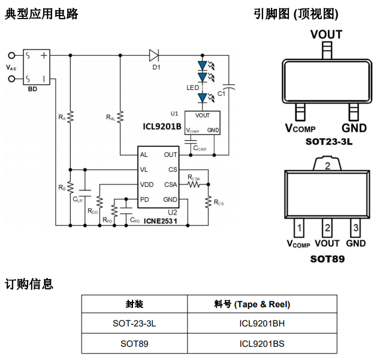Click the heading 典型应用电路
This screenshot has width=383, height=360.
coord(41,14)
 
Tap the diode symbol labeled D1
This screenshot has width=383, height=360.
coord(155,56)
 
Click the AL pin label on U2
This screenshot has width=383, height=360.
coord(144,155)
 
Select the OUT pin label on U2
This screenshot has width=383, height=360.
coord(170,155)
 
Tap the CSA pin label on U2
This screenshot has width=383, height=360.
coord(170,184)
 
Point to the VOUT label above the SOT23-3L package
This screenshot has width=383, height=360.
coord(326,35)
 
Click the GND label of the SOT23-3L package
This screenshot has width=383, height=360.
coord(354,128)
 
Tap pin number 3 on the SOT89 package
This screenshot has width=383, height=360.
coord(356,228)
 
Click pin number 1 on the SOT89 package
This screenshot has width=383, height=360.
coord(298,228)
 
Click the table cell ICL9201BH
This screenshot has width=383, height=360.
coord(262,323)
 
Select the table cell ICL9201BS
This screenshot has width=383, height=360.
coord(262,343)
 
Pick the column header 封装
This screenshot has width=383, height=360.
coord(134,304)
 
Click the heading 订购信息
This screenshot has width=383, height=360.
coord(29,283)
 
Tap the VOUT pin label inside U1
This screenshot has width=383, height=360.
coord(203,116)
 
